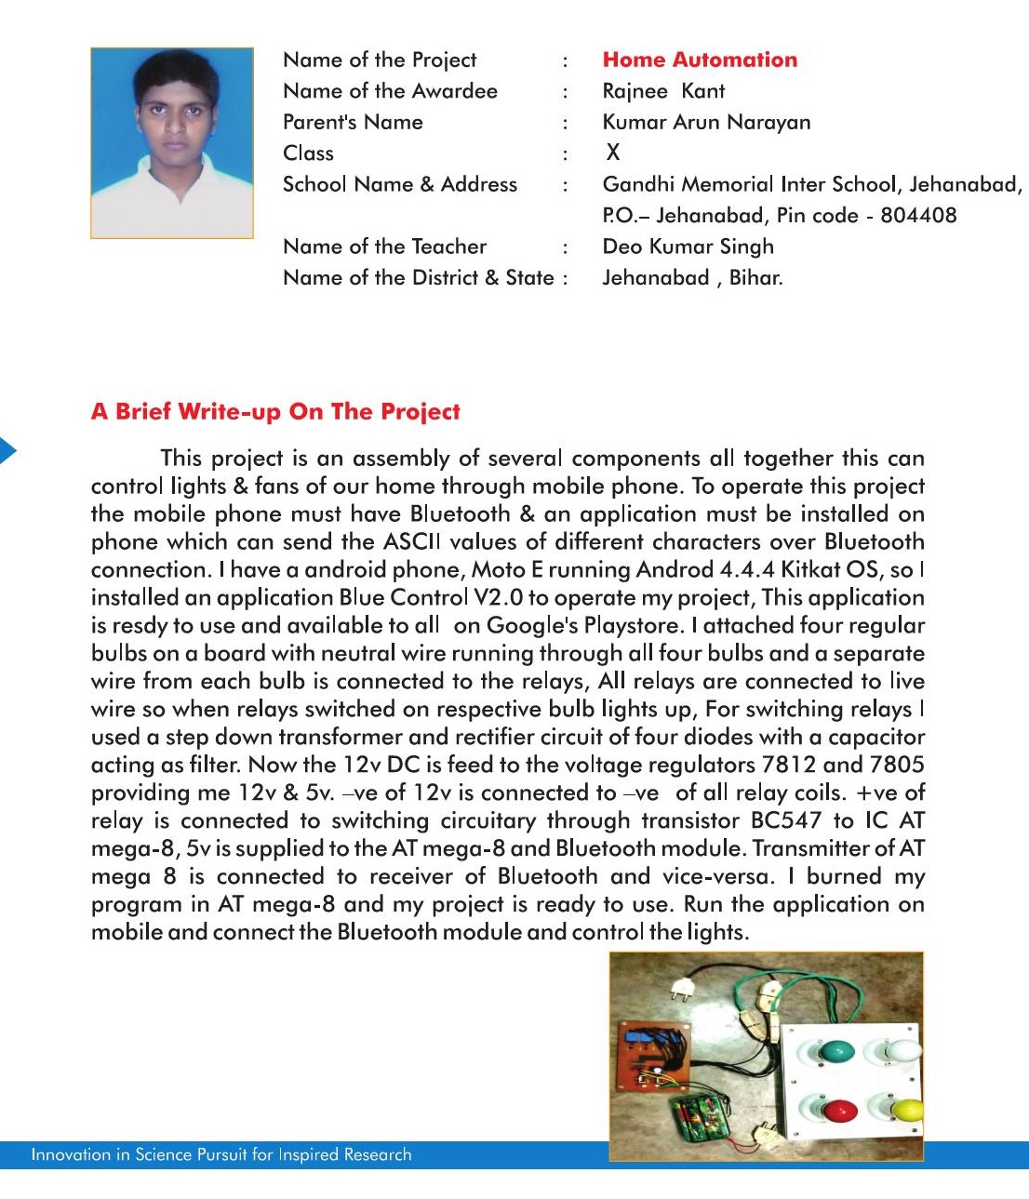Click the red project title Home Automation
700,60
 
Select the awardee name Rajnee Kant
663,91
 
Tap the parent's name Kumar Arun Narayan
706,122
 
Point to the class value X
612,153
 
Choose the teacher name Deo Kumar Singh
688,246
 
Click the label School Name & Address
399,184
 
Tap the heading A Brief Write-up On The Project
275,411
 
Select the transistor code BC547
786,820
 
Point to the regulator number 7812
789,765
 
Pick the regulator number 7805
897,765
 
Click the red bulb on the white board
839,1111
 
